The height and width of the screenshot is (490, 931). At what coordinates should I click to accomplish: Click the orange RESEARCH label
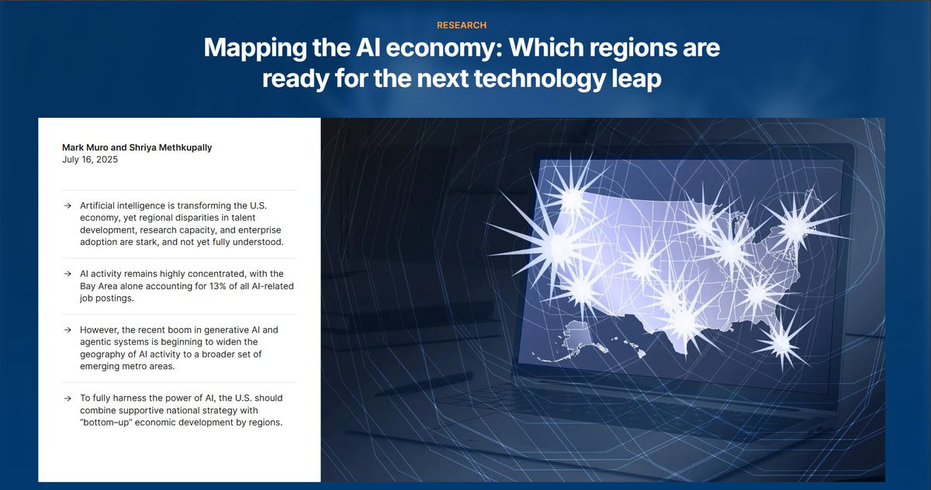click(x=462, y=26)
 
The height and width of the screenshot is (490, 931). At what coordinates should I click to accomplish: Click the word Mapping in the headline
click(x=255, y=49)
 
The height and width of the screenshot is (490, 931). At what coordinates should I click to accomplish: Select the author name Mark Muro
click(x=85, y=147)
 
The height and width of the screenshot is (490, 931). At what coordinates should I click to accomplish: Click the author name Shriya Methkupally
click(x=171, y=148)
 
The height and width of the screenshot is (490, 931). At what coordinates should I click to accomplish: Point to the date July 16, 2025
click(x=90, y=160)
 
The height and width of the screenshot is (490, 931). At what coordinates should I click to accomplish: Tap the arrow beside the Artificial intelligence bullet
click(x=67, y=205)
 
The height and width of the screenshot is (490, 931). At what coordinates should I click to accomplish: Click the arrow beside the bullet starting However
click(x=67, y=330)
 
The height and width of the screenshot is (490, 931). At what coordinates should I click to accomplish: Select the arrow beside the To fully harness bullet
click(x=67, y=399)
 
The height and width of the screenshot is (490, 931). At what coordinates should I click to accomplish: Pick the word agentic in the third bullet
click(x=94, y=342)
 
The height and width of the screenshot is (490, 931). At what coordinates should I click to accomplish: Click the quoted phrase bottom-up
click(x=106, y=423)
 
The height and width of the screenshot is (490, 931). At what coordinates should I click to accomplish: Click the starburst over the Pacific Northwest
click(x=573, y=198)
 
